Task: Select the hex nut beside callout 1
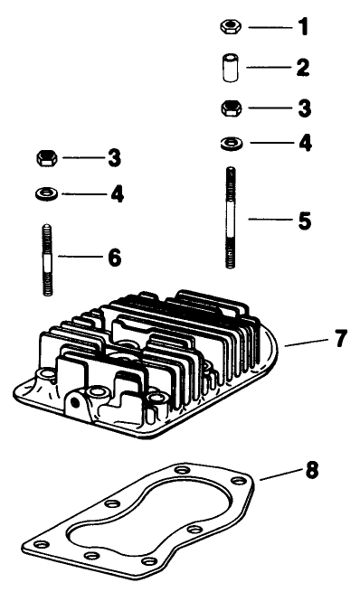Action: click(x=229, y=27)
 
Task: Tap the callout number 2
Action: click(x=303, y=67)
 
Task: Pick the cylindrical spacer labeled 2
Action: click(x=229, y=68)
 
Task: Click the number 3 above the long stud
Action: click(x=303, y=108)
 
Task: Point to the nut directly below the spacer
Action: click(x=229, y=108)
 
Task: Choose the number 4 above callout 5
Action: click(x=304, y=143)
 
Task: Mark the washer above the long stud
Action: click(x=229, y=142)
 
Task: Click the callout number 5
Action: click(x=304, y=218)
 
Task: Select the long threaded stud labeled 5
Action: click(x=229, y=217)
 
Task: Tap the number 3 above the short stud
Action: click(x=114, y=158)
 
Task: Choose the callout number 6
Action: click(x=114, y=258)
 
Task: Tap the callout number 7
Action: click(x=339, y=339)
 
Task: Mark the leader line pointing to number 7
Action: click(x=305, y=343)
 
